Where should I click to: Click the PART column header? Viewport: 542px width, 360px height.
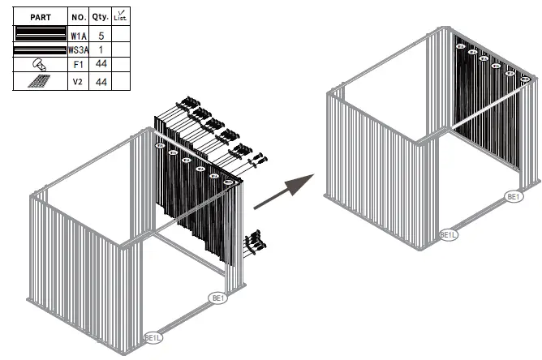click(40, 15)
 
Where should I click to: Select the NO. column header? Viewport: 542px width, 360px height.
click(78, 15)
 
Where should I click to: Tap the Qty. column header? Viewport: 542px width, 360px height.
click(100, 15)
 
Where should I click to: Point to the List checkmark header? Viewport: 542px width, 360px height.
click(119, 15)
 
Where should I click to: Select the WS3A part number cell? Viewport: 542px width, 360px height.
click(78, 49)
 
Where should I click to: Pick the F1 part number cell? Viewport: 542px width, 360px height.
click(78, 65)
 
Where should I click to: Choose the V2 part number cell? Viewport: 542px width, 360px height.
click(78, 81)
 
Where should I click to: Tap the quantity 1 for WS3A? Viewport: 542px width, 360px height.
click(100, 49)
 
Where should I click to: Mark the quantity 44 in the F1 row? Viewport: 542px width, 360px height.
click(100, 65)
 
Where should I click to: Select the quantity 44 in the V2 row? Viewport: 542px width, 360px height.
click(100, 81)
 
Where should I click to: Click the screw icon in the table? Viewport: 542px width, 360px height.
click(39, 65)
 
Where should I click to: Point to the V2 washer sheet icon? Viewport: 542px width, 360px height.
click(39, 81)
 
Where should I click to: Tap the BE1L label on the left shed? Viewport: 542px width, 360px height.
click(153, 336)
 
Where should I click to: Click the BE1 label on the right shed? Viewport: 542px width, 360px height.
click(514, 196)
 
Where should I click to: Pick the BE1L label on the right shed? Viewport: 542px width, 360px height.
click(449, 235)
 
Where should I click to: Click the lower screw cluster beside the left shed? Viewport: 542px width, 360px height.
click(256, 241)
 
